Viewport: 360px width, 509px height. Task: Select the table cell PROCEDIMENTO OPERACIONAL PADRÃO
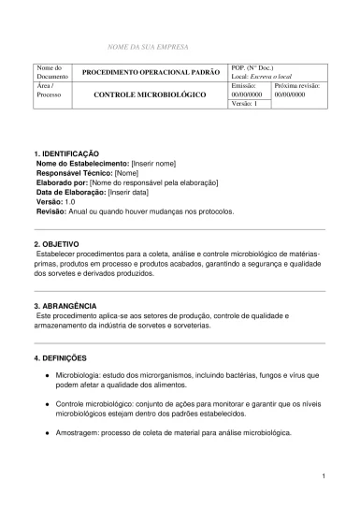coord(151,72)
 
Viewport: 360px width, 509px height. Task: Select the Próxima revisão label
coord(296,84)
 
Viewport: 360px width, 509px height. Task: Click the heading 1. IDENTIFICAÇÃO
coord(66,153)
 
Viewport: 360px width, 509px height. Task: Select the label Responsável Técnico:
coord(74,172)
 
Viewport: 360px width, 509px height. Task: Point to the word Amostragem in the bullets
coord(79,433)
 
